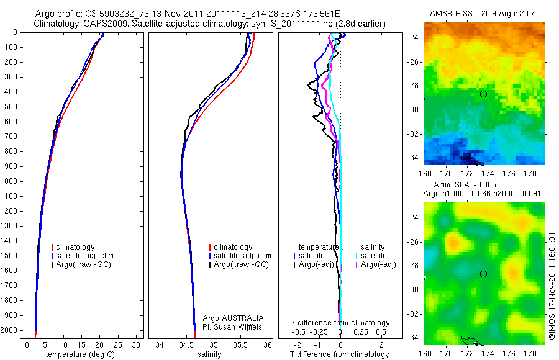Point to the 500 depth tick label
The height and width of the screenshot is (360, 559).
pyautogui.click(x=11, y=106)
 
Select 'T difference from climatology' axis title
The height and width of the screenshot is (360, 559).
pyautogui.click(x=339, y=354)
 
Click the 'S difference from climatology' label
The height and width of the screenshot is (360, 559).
pyautogui.click(x=340, y=323)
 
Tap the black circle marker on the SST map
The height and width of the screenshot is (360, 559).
pyautogui.click(x=483, y=94)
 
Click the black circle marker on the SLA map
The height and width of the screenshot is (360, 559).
pyautogui.click(x=483, y=274)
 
